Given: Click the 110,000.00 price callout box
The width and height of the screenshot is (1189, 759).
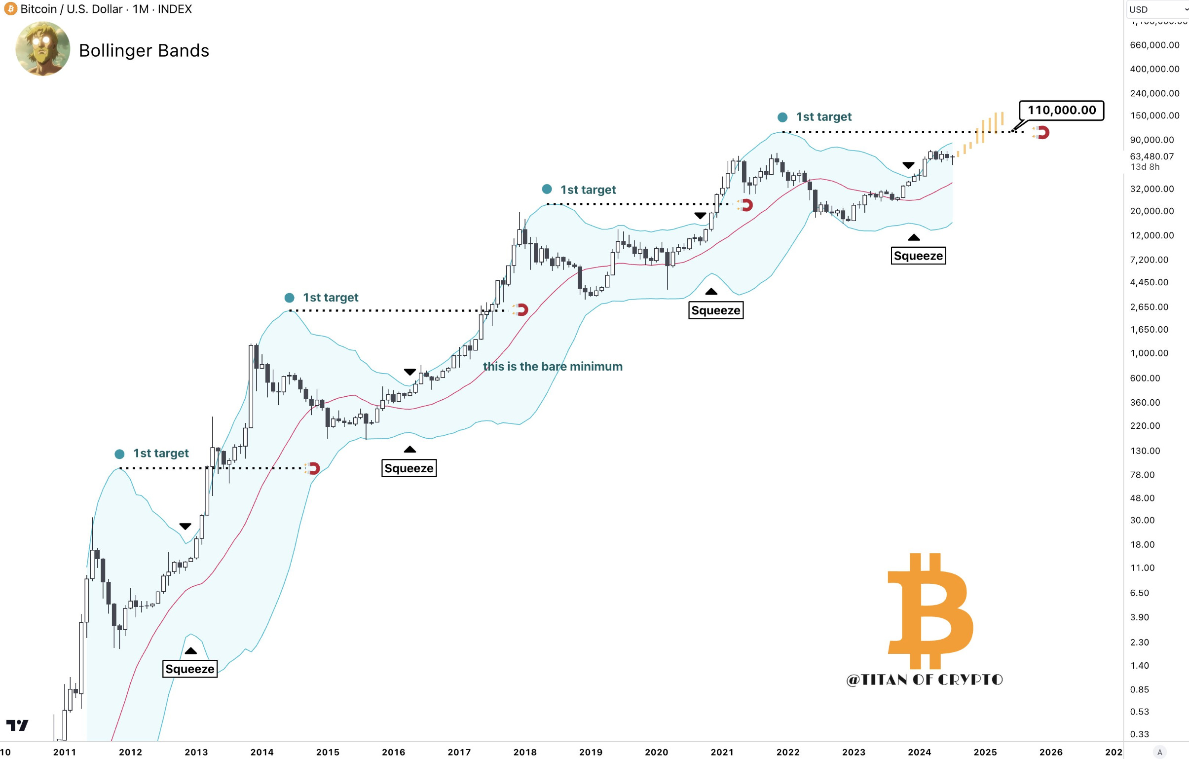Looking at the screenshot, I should (x=1061, y=110).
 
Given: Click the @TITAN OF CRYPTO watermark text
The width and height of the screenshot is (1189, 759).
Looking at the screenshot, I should (x=925, y=680).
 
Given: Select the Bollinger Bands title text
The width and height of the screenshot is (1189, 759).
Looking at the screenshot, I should (x=144, y=50).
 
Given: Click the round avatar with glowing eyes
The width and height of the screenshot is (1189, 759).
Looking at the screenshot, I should (x=42, y=48).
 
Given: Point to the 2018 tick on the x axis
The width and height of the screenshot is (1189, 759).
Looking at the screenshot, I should (x=524, y=752).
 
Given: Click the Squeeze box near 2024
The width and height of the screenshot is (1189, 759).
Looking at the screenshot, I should (x=918, y=256).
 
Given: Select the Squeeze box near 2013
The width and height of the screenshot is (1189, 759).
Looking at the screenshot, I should (x=189, y=669).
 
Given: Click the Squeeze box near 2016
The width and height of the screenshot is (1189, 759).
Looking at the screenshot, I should (x=409, y=468).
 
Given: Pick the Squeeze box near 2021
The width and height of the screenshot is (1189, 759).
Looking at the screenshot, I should (x=715, y=310).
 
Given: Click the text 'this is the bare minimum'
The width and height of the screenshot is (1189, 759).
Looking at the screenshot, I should (x=553, y=366).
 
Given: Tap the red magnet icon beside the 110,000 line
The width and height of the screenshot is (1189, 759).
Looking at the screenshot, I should (x=1042, y=132).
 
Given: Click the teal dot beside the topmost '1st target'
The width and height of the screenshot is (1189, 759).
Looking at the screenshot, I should (x=782, y=117).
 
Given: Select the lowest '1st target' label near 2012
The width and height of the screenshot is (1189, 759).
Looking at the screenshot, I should (x=160, y=454).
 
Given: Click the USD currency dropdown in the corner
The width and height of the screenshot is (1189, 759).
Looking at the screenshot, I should (x=1156, y=9).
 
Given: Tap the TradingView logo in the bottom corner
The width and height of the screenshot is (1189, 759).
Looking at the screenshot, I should (x=17, y=725).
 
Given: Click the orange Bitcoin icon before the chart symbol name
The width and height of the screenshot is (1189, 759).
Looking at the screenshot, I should (x=10, y=9).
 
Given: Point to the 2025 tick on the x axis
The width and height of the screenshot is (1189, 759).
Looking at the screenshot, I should (x=985, y=752).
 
